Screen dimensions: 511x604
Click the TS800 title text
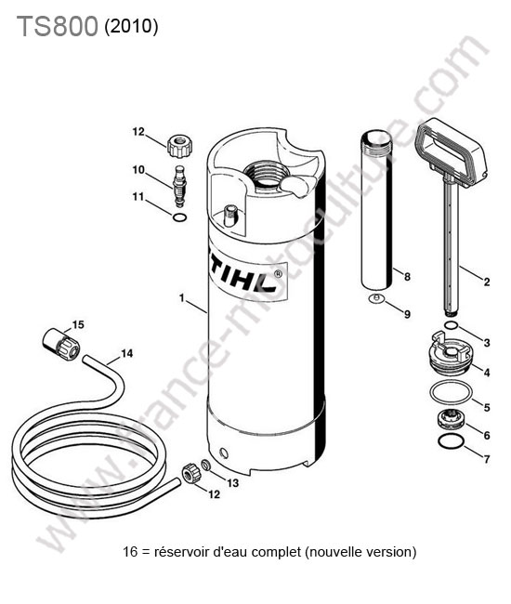tap(57, 27)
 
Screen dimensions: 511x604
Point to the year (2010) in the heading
tap(131, 27)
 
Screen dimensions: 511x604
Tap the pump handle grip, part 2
tap(451, 153)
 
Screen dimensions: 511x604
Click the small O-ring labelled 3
tap(451, 326)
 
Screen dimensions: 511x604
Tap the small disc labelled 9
tap(376, 298)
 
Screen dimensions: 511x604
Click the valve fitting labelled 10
tap(178, 186)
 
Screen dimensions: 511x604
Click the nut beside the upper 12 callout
tap(180, 146)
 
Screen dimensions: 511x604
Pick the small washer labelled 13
tap(206, 465)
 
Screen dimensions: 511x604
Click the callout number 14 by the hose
tap(126, 353)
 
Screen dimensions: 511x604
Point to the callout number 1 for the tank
tap(182, 298)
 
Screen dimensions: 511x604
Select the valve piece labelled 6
tap(451, 419)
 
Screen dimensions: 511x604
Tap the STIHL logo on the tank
tap(246, 277)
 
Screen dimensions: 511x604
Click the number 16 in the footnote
tap(130, 552)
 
